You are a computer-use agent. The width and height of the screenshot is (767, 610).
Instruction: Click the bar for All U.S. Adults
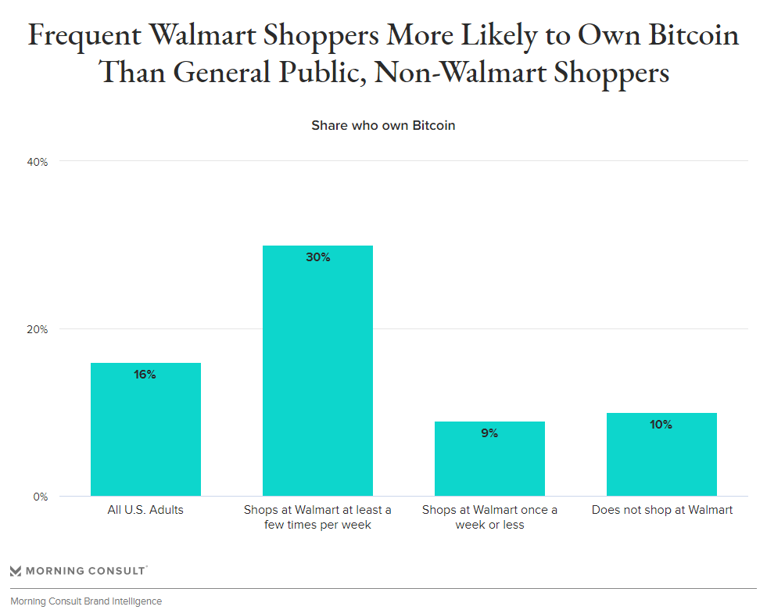(145, 429)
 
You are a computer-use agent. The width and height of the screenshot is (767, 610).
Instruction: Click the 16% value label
(145, 375)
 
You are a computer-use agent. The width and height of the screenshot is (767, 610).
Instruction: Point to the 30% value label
(317, 257)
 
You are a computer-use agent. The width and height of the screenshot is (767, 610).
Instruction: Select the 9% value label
(489, 433)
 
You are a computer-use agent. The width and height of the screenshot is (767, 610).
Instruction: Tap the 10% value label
(661, 425)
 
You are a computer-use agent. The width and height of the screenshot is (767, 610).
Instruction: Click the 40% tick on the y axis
(38, 162)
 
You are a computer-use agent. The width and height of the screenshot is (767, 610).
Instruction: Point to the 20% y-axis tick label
(38, 329)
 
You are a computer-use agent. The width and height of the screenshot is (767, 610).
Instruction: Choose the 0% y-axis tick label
(41, 497)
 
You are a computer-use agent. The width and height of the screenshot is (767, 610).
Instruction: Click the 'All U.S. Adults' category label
(145, 510)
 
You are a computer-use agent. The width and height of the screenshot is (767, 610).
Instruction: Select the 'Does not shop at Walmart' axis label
(661, 510)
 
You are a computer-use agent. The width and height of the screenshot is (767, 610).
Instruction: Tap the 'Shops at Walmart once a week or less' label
(489, 517)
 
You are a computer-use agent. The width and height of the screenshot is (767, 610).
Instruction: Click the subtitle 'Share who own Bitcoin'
(383, 125)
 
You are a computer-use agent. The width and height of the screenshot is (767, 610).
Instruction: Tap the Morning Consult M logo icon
(16, 571)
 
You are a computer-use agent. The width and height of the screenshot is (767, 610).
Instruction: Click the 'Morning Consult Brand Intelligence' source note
(86, 601)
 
